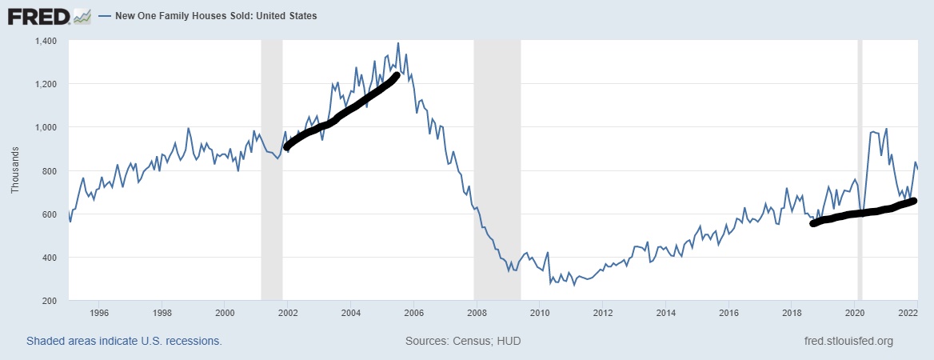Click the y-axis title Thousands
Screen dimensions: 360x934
(x=14, y=170)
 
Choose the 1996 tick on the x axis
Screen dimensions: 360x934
(x=99, y=313)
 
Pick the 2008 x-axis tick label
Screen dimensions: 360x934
(x=476, y=313)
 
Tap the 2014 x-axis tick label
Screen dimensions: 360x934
(x=665, y=313)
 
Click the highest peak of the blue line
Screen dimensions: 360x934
(x=398, y=43)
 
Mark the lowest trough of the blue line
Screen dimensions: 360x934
(x=573, y=285)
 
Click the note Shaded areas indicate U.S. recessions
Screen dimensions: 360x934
(x=124, y=342)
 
